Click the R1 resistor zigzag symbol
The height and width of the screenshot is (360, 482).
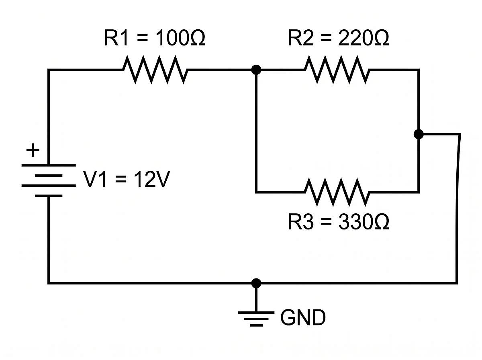155,70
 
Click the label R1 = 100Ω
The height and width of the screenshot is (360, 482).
155,39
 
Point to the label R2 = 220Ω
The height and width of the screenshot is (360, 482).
338,39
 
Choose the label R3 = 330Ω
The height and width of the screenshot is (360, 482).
338,222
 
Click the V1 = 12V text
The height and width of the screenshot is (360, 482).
126,180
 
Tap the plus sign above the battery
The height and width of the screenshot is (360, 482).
33,151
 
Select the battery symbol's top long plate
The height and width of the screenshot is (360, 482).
49,165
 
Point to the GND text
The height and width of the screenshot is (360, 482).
303,318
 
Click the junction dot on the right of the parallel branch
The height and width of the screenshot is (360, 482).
419,134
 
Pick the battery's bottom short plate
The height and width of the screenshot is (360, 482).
49,196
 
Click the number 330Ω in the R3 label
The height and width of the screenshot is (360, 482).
364,222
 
